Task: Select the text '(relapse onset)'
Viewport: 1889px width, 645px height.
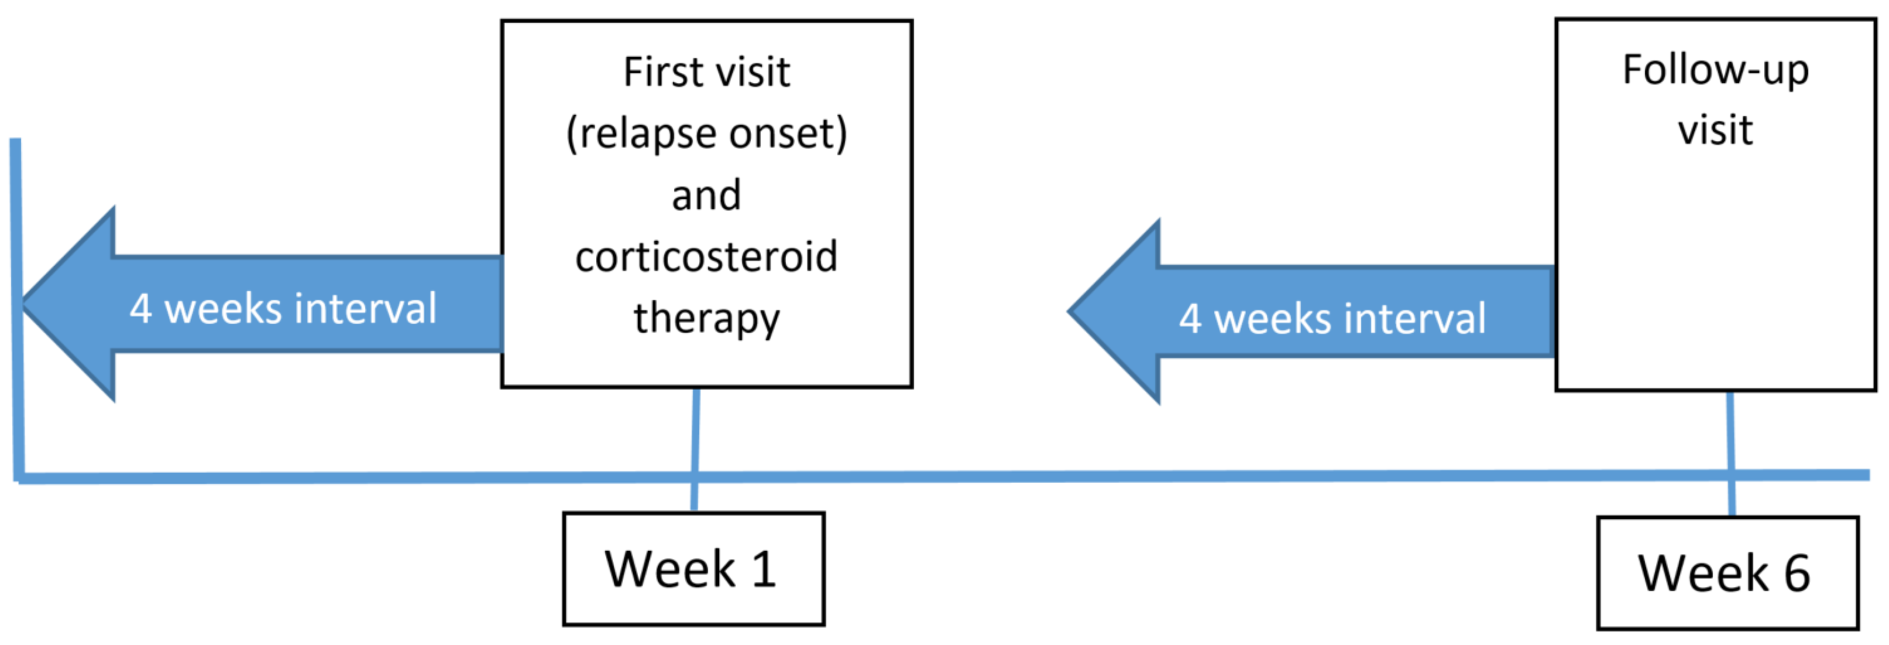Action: [706, 134]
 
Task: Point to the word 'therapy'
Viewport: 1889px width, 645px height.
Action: [706, 319]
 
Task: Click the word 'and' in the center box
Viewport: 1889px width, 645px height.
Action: [706, 196]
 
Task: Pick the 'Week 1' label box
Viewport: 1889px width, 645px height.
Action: [693, 569]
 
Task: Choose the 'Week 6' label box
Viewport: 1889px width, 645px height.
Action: [1727, 573]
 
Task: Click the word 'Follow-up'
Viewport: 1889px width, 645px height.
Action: [1715, 70]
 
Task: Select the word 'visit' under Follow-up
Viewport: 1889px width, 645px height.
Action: [1715, 131]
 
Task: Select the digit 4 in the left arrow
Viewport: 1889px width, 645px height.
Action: [141, 308]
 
